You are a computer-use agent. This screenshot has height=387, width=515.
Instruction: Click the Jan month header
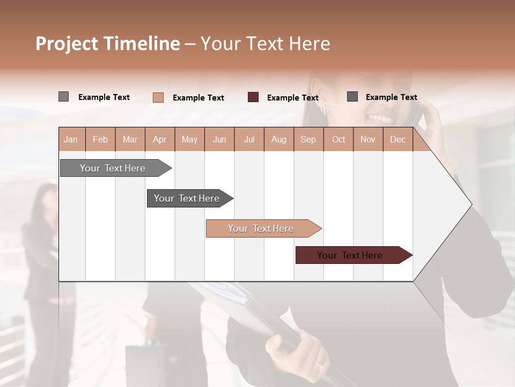pyautogui.click(x=71, y=140)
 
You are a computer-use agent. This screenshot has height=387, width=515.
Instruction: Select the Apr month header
pyautogui.click(x=159, y=140)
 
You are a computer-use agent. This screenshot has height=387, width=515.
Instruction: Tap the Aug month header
pyautogui.click(x=278, y=140)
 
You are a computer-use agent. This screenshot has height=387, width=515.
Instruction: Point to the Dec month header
pyautogui.click(x=398, y=140)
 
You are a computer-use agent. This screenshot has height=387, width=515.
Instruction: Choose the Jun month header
pyautogui.click(x=219, y=140)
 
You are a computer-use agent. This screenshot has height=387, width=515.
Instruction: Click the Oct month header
pyautogui.click(x=339, y=140)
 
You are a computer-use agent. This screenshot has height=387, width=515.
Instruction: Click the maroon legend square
pyautogui.click(x=253, y=97)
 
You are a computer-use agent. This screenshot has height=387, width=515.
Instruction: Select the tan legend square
pyautogui.click(x=158, y=97)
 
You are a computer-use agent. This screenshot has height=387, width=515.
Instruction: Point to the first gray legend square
pyautogui.click(x=63, y=97)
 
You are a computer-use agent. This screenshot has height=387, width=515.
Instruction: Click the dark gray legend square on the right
pyautogui.click(x=352, y=97)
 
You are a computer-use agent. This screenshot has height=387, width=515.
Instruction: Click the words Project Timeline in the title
pyautogui.click(x=107, y=44)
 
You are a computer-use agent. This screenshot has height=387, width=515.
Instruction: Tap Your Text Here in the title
pyautogui.click(x=265, y=44)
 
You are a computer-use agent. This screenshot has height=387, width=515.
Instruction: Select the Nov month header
pyautogui.click(x=368, y=140)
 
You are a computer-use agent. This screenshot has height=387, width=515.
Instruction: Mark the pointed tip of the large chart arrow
pyautogui.click(x=471, y=204)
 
